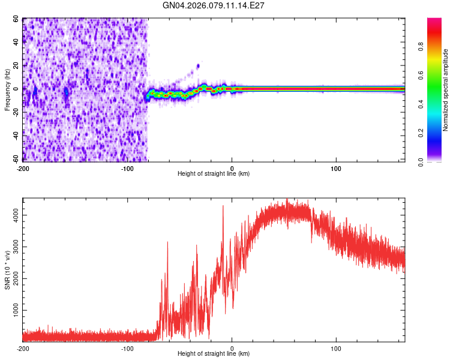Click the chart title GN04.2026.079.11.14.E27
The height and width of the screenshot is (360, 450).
214,5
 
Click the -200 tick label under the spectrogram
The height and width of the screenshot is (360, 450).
23,167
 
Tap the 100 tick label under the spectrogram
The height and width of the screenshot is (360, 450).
336,167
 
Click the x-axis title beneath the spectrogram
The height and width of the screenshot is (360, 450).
214,174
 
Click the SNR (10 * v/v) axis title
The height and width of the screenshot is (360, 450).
7,270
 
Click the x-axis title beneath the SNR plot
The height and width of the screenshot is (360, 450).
214,355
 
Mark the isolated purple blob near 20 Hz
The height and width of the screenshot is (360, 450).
197,66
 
